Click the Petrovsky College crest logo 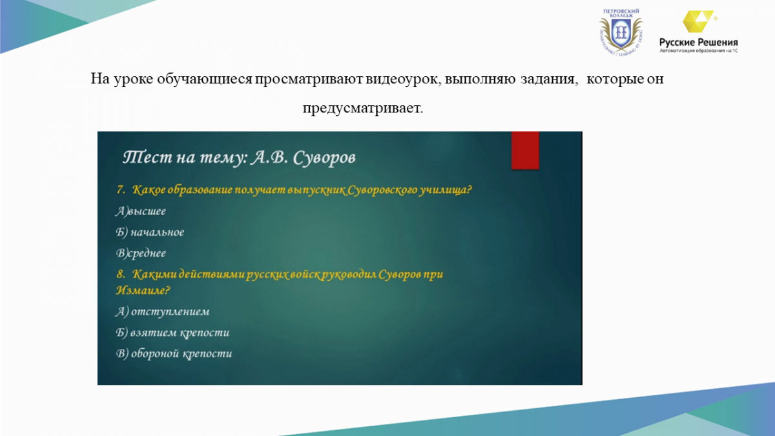point(621,33)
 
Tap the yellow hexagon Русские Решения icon point(697,21)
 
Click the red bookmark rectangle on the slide point(525,150)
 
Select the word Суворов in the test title point(324,158)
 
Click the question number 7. point(121,190)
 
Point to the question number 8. point(120,274)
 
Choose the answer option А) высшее point(141,211)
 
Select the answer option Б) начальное point(150,232)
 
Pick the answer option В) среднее point(141,253)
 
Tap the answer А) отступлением point(163,311)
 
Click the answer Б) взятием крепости point(172,333)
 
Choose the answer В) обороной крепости point(174,354)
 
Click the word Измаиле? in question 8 point(143,290)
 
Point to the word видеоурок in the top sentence point(404,79)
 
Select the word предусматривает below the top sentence point(362,109)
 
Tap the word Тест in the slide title point(148,158)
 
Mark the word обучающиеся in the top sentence point(205,79)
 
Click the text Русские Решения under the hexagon point(699,43)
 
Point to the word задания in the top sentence point(550,79)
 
